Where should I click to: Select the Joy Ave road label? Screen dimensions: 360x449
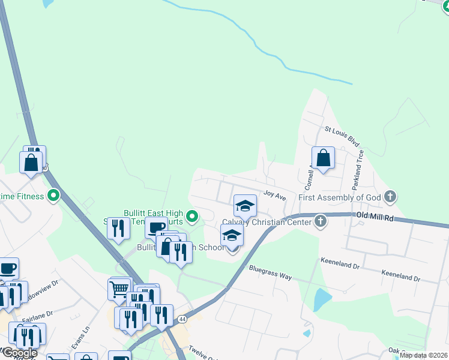pos(275,194)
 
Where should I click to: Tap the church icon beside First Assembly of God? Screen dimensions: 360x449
pos(390,196)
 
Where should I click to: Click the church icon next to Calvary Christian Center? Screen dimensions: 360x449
pos(320,221)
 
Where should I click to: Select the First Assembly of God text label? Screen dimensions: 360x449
pos(339,197)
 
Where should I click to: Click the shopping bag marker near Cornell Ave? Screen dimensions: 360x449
pos(323,158)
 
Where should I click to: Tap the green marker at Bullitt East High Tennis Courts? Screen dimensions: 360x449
pos(191,215)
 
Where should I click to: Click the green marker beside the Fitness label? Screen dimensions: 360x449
pos(53,196)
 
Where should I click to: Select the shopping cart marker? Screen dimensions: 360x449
pos(119,289)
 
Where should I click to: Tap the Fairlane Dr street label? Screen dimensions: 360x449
pos(37,313)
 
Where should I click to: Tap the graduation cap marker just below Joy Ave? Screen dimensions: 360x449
pos(245,206)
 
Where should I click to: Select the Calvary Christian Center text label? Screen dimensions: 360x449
pos(267,222)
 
